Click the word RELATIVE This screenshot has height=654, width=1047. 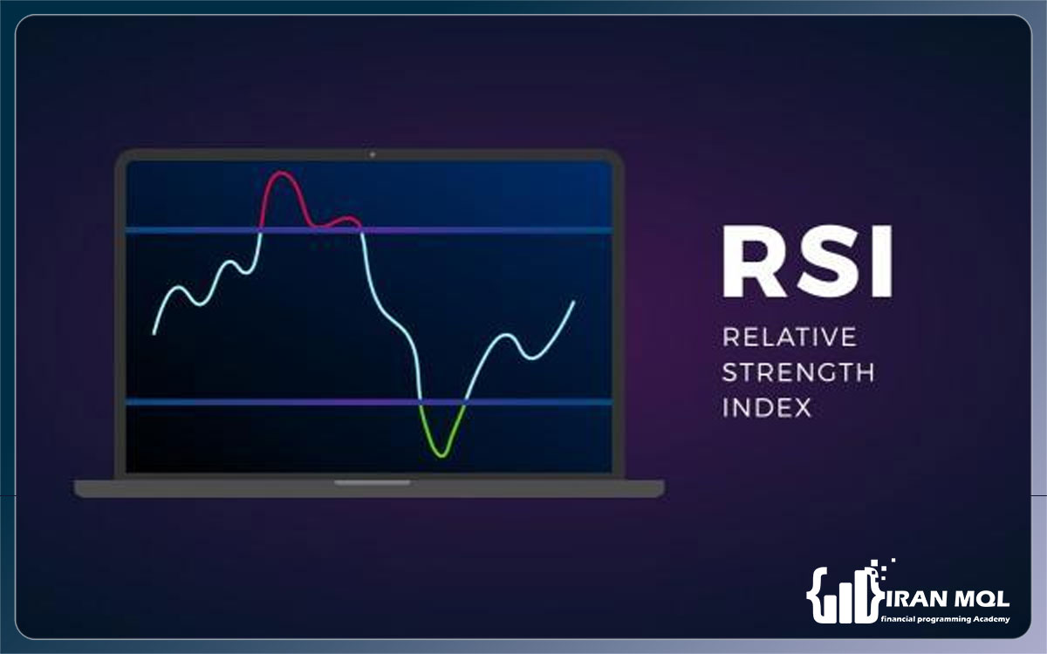790,337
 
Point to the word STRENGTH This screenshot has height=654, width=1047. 798,372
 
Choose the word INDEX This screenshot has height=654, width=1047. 767,407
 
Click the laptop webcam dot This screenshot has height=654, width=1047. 372,154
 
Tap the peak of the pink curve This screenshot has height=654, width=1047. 282,173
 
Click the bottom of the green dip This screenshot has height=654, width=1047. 441,455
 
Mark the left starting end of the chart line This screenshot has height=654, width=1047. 154,333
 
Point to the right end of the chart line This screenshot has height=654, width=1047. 573,303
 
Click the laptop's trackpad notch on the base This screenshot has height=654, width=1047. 372,483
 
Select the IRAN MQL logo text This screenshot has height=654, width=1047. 948,599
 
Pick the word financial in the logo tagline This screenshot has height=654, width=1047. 896,619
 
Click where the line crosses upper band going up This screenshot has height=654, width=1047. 260,230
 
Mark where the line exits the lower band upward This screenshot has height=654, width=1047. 464,402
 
